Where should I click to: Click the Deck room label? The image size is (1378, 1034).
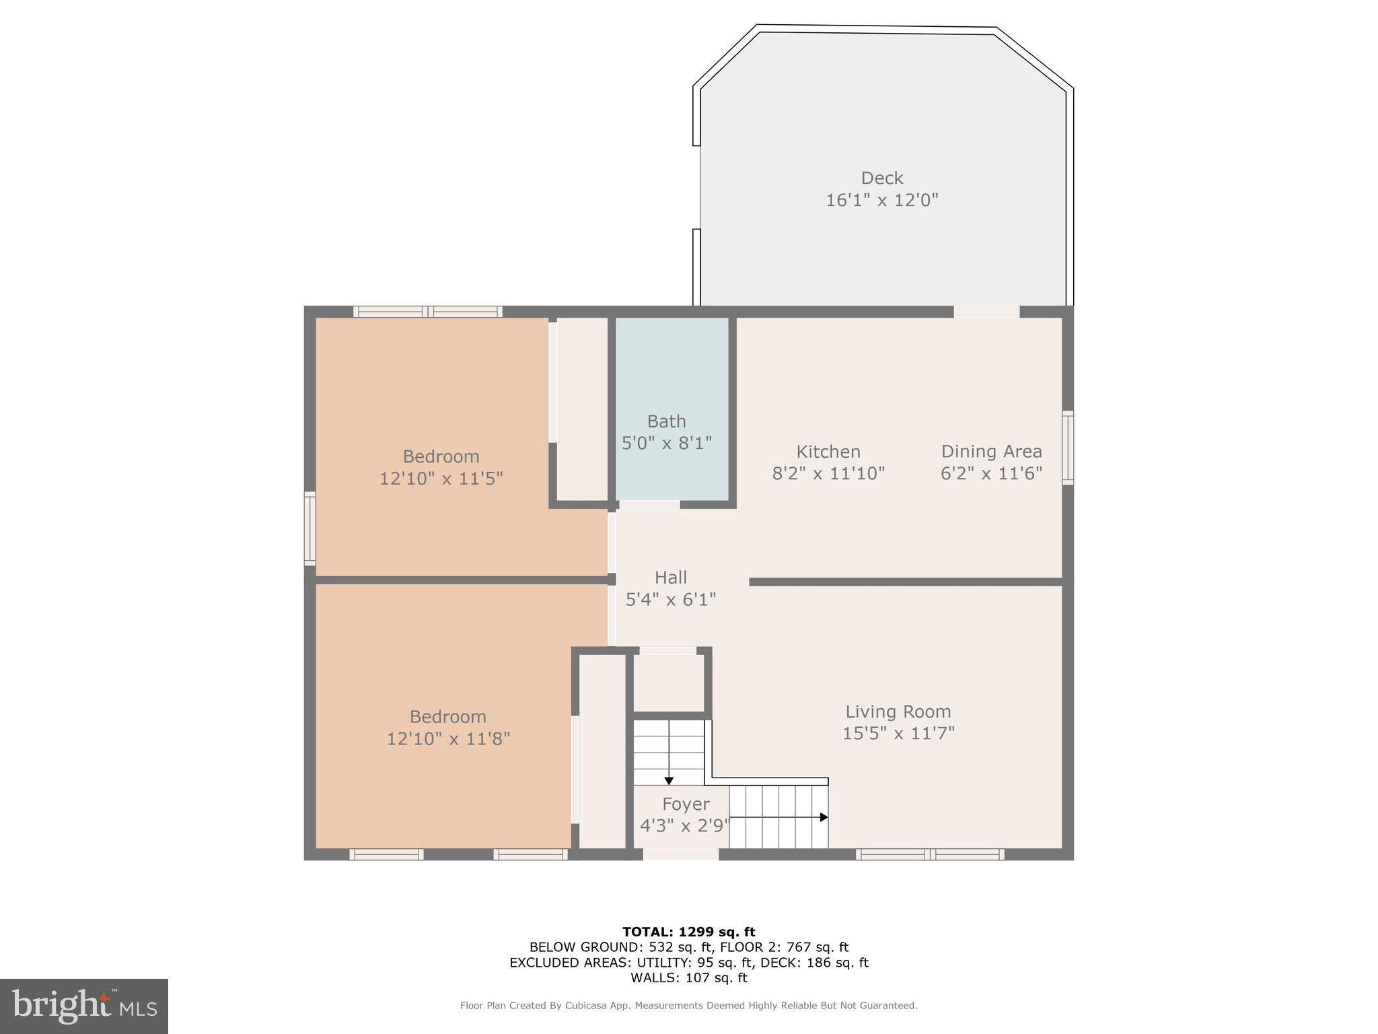[x=881, y=178]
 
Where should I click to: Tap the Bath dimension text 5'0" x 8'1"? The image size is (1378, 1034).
[x=666, y=443]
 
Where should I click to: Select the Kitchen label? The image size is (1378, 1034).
[x=828, y=452]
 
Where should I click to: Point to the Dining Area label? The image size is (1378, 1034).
[x=990, y=452]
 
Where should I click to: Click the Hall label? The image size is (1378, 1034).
[x=670, y=578]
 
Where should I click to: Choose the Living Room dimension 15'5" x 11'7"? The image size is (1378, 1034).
[x=898, y=733]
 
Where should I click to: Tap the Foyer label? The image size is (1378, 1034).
[x=685, y=804]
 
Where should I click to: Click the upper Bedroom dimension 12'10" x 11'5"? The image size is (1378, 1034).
[x=441, y=479]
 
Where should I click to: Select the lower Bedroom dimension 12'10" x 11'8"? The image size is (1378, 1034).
[x=447, y=738]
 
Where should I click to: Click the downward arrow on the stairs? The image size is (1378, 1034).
[x=669, y=780]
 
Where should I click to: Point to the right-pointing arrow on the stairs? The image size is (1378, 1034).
[x=824, y=817]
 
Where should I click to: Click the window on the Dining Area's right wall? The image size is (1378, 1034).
[x=1067, y=448]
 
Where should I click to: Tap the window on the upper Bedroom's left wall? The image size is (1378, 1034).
[x=310, y=528]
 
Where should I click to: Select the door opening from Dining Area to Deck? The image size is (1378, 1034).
[x=986, y=312]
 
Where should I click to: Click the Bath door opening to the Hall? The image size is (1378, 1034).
[x=649, y=505]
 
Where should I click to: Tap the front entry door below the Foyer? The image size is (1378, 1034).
[x=680, y=854]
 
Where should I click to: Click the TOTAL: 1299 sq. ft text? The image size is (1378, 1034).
[x=688, y=932]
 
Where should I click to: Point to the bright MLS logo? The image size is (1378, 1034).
[x=84, y=1006]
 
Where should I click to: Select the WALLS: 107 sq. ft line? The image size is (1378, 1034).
[x=688, y=977]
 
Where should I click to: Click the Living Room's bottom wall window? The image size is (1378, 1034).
[x=930, y=854]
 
